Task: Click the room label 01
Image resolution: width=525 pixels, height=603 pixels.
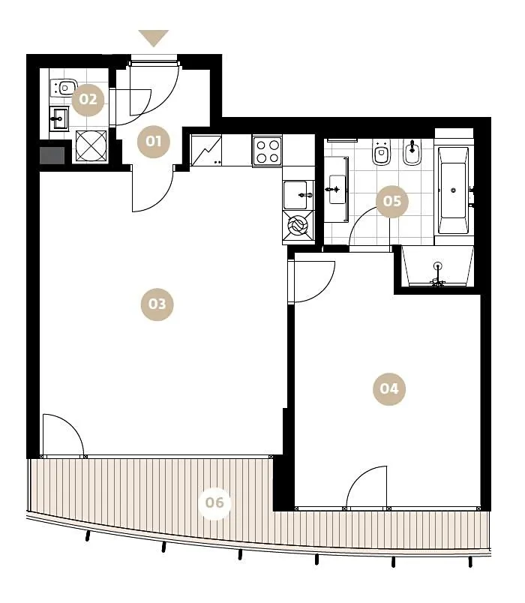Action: (x=154, y=142)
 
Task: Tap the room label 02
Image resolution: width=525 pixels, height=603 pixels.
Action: (x=88, y=100)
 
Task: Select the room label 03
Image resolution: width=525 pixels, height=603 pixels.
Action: (x=157, y=304)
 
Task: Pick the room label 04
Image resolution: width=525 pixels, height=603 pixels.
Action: (x=389, y=388)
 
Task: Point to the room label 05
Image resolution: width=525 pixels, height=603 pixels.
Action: (x=392, y=201)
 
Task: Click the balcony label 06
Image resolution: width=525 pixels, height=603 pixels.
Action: (x=214, y=502)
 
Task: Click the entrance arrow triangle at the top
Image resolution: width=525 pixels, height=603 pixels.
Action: (x=154, y=38)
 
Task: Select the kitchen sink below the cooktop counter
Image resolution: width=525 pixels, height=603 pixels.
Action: (x=298, y=194)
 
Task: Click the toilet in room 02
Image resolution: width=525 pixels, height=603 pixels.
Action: (x=64, y=88)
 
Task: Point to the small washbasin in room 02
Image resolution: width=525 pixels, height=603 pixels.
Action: (x=58, y=118)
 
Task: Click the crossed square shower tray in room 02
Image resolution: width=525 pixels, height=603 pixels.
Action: (x=91, y=146)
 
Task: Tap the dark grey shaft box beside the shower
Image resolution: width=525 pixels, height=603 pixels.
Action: (x=52, y=155)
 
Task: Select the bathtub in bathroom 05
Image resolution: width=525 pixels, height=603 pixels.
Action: (x=454, y=190)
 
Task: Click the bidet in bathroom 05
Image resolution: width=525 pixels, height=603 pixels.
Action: (x=412, y=152)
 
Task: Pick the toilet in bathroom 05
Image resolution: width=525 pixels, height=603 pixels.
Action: (x=382, y=153)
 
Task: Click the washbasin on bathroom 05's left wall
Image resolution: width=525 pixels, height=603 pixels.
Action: (x=337, y=189)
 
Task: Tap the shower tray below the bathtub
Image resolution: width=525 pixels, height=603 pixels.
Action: (x=437, y=266)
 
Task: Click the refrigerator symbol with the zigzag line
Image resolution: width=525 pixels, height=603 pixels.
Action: (x=206, y=150)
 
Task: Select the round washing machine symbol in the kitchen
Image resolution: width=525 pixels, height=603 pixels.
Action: (x=298, y=226)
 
